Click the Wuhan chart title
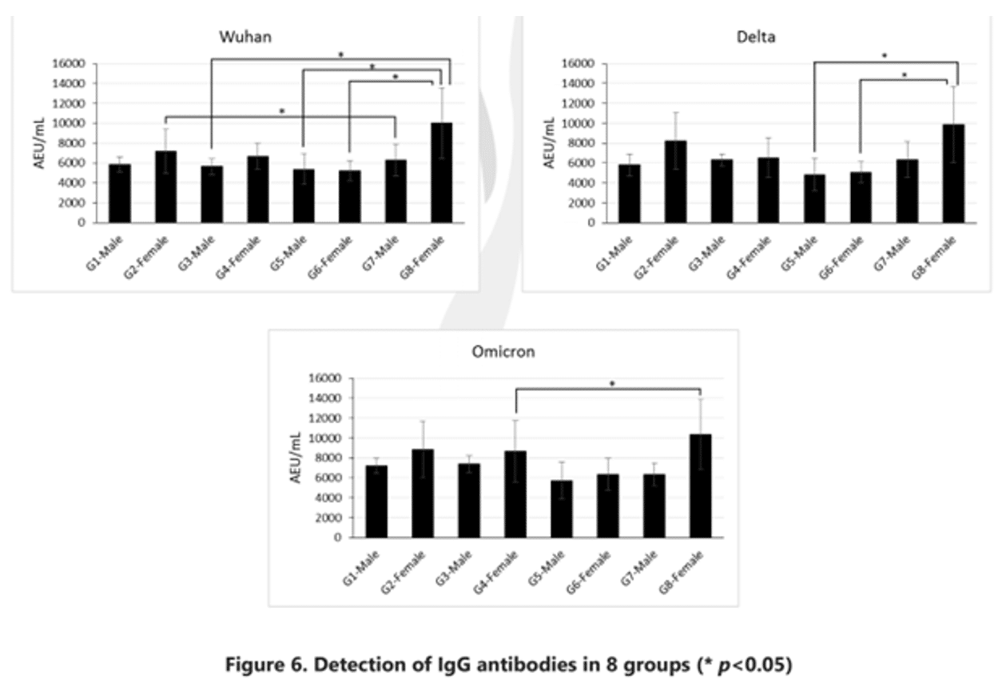(x=243, y=37)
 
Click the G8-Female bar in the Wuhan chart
(x=441, y=173)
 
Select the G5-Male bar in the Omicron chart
(x=563, y=509)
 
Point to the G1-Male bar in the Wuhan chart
(x=120, y=194)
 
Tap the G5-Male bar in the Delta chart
(x=814, y=198)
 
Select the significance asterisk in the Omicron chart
(x=612, y=384)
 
